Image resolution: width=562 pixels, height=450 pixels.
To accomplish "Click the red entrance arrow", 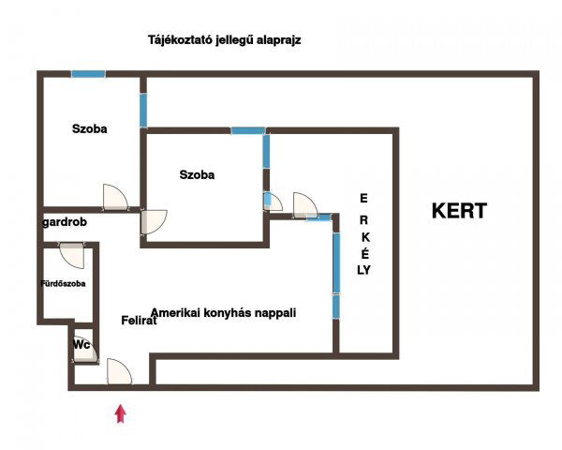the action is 121,413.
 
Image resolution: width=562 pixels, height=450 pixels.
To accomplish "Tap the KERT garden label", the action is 459,211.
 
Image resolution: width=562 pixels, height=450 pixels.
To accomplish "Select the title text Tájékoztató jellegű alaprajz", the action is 225,39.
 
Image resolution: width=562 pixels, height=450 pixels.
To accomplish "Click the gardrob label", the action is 65,222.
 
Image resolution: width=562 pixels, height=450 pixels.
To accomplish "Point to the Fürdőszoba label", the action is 63,283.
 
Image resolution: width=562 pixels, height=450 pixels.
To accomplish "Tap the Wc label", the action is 81,345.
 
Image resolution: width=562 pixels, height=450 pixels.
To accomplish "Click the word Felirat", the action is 139,320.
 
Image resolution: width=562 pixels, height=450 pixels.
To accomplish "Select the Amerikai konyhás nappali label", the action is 224,313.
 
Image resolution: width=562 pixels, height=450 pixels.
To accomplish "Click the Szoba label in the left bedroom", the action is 90,128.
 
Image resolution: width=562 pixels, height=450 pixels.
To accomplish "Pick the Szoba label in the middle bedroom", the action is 197,174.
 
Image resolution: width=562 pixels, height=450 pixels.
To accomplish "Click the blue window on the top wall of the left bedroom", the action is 88,74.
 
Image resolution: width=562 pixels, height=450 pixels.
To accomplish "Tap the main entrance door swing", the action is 119,371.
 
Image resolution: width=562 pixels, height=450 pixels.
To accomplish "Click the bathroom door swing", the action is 72,256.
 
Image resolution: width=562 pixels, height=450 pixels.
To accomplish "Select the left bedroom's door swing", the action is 115,197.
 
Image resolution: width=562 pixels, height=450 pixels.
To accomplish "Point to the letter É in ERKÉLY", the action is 365,254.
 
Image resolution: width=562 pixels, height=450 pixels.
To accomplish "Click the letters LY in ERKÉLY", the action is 363,270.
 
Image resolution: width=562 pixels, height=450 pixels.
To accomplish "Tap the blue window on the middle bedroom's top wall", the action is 248,130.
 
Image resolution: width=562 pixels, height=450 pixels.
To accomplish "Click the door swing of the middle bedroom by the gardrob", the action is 155,222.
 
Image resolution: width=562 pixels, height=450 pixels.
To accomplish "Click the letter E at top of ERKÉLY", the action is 363,198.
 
